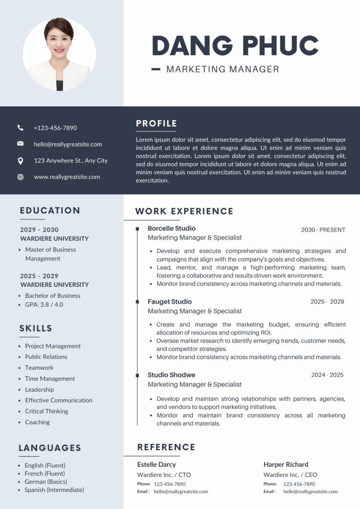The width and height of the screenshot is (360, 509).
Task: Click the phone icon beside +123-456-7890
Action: coord(20,128)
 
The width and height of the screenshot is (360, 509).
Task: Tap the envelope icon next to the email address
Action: coord(20,144)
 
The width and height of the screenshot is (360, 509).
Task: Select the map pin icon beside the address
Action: coord(20,161)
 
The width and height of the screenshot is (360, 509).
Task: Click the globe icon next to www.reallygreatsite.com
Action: coord(20,177)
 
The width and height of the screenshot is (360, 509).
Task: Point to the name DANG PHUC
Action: coord(235,46)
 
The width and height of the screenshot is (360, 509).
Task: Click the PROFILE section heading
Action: coord(156,124)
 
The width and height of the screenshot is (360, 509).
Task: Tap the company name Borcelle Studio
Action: coord(172,229)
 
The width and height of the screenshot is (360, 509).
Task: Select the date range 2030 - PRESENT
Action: coord(323,230)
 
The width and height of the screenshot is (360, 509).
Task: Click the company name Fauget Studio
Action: coord(170,302)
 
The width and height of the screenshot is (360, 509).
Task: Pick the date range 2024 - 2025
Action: coord(327,375)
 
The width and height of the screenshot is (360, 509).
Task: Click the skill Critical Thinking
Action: coord(46,411)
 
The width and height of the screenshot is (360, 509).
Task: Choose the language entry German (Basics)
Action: coord(46,482)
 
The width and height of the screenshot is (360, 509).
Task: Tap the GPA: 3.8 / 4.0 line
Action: coord(44,304)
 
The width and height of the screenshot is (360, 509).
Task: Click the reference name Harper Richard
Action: coord(286,464)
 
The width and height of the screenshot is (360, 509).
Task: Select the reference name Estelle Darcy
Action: coord(157,464)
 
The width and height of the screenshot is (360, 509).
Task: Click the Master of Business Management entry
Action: coord(50,254)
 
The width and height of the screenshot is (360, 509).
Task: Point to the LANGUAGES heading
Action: coord(50,448)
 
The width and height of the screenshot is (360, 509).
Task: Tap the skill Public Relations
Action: coord(46,357)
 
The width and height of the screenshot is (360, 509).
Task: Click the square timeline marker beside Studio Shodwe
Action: coord(137,375)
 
